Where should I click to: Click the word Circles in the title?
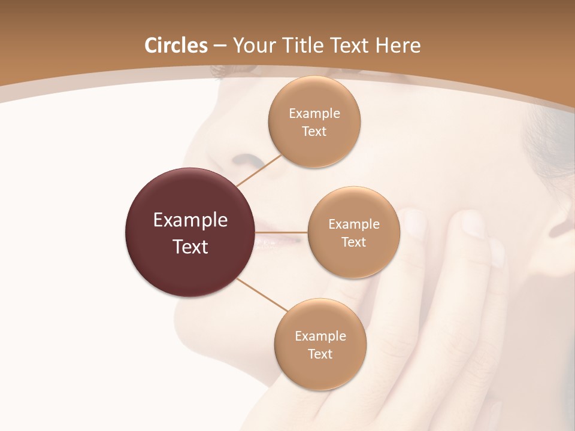(x=176, y=45)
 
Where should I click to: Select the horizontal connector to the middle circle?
(x=282, y=232)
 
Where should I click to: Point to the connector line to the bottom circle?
(x=262, y=295)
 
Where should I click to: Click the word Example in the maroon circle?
(x=190, y=220)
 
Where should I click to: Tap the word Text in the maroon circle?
(x=190, y=247)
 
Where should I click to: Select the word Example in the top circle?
(x=314, y=114)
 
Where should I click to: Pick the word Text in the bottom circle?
(x=320, y=354)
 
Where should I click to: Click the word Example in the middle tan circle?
(x=354, y=224)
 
